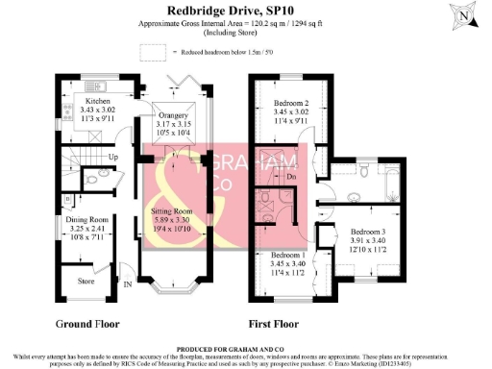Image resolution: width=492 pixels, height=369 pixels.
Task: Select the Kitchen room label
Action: coord(99,100)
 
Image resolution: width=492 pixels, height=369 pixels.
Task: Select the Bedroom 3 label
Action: coord(369,232)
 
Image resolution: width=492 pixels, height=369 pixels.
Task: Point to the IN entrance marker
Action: coord(128,283)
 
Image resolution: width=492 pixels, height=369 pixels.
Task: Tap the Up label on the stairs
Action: coord(112,157)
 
